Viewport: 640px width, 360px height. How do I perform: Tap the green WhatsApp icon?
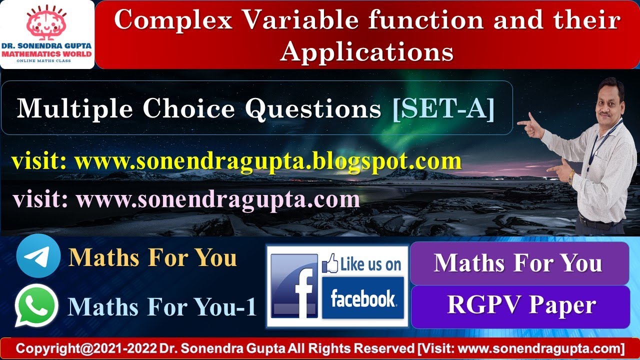point(36,305)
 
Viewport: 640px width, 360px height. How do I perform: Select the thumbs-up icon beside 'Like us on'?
point(329,263)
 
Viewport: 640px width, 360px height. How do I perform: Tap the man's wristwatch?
point(571,176)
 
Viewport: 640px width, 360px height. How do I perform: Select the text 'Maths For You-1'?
point(162,306)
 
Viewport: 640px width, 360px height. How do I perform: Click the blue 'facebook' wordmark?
point(362,298)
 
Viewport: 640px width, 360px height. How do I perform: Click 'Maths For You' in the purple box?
point(518,263)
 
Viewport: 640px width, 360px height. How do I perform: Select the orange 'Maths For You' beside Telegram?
point(153,257)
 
